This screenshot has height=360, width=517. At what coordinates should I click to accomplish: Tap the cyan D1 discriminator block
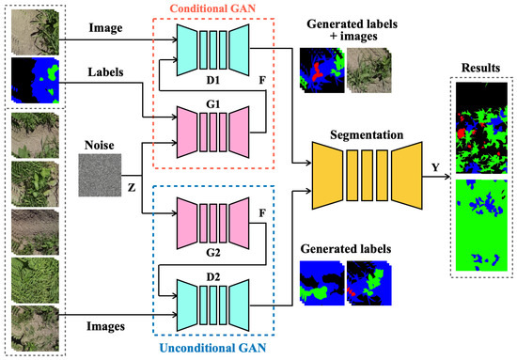pyautogui.click(x=213, y=45)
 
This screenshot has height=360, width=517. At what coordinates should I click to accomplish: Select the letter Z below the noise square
pyautogui.click(x=131, y=187)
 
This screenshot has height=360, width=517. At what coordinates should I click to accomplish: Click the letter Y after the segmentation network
pyautogui.click(x=433, y=168)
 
